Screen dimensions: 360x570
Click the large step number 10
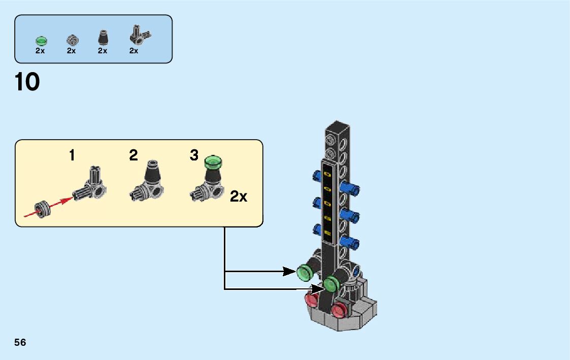click(27, 82)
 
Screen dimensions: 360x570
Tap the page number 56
click(20, 342)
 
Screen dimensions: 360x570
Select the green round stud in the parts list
click(41, 40)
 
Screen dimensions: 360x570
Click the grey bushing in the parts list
click(72, 40)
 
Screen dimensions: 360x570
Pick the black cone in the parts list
click(103, 39)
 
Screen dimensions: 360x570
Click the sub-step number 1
click(72, 155)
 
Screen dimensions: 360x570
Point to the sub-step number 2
click(133, 155)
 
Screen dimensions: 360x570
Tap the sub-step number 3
click(194, 155)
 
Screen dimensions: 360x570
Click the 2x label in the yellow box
click(239, 197)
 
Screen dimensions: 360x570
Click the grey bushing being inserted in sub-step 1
click(41, 209)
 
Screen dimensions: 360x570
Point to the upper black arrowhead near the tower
click(290, 272)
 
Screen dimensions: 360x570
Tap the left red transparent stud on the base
click(310, 301)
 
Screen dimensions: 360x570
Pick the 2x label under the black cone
click(103, 50)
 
